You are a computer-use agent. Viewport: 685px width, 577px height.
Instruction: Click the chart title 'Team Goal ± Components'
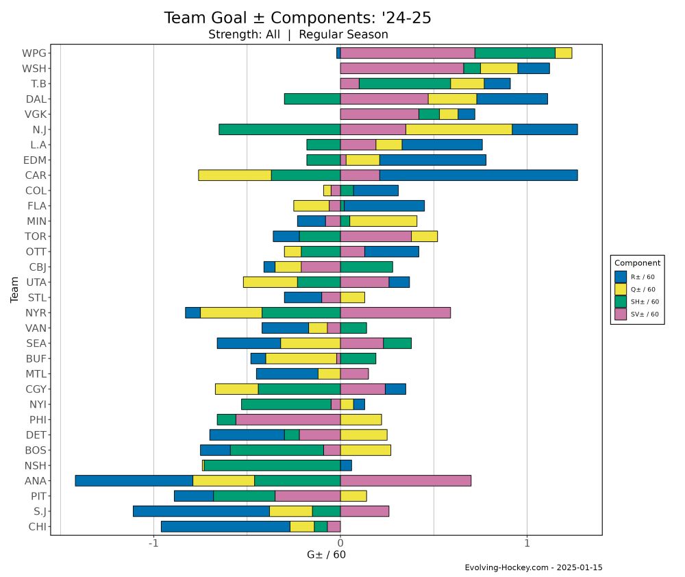click(297, 19)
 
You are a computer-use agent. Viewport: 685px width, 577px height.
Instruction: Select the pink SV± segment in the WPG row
click(408, 53)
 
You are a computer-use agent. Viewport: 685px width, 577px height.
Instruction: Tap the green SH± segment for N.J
click(279, 130)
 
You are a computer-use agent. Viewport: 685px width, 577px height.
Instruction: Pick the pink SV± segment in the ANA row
click(406, 480)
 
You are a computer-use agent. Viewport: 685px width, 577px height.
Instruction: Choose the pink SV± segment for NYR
click(395, 312)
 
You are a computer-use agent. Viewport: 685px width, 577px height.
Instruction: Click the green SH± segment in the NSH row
click(272, 465)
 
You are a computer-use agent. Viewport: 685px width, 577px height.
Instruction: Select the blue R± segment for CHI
click(225, 526)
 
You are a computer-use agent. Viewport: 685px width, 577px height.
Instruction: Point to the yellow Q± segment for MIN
click(383, 221)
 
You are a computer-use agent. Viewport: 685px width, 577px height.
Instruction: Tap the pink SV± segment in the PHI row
click(288, 419)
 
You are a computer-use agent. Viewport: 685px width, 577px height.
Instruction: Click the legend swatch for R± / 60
click(621, 276)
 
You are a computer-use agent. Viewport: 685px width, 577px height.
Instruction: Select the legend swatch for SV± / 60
click(621, 314)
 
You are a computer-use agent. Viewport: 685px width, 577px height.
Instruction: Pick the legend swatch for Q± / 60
click(621, 289)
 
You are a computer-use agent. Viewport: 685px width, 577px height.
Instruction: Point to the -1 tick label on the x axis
click(153, 544)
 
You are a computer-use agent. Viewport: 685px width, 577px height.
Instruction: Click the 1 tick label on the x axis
click(527, 544)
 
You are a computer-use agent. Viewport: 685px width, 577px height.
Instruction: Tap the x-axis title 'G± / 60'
click(326, 555)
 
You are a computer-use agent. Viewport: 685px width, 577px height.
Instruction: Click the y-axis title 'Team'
click(14, 289)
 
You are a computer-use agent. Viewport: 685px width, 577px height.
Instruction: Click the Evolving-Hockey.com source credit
click(533, 567)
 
